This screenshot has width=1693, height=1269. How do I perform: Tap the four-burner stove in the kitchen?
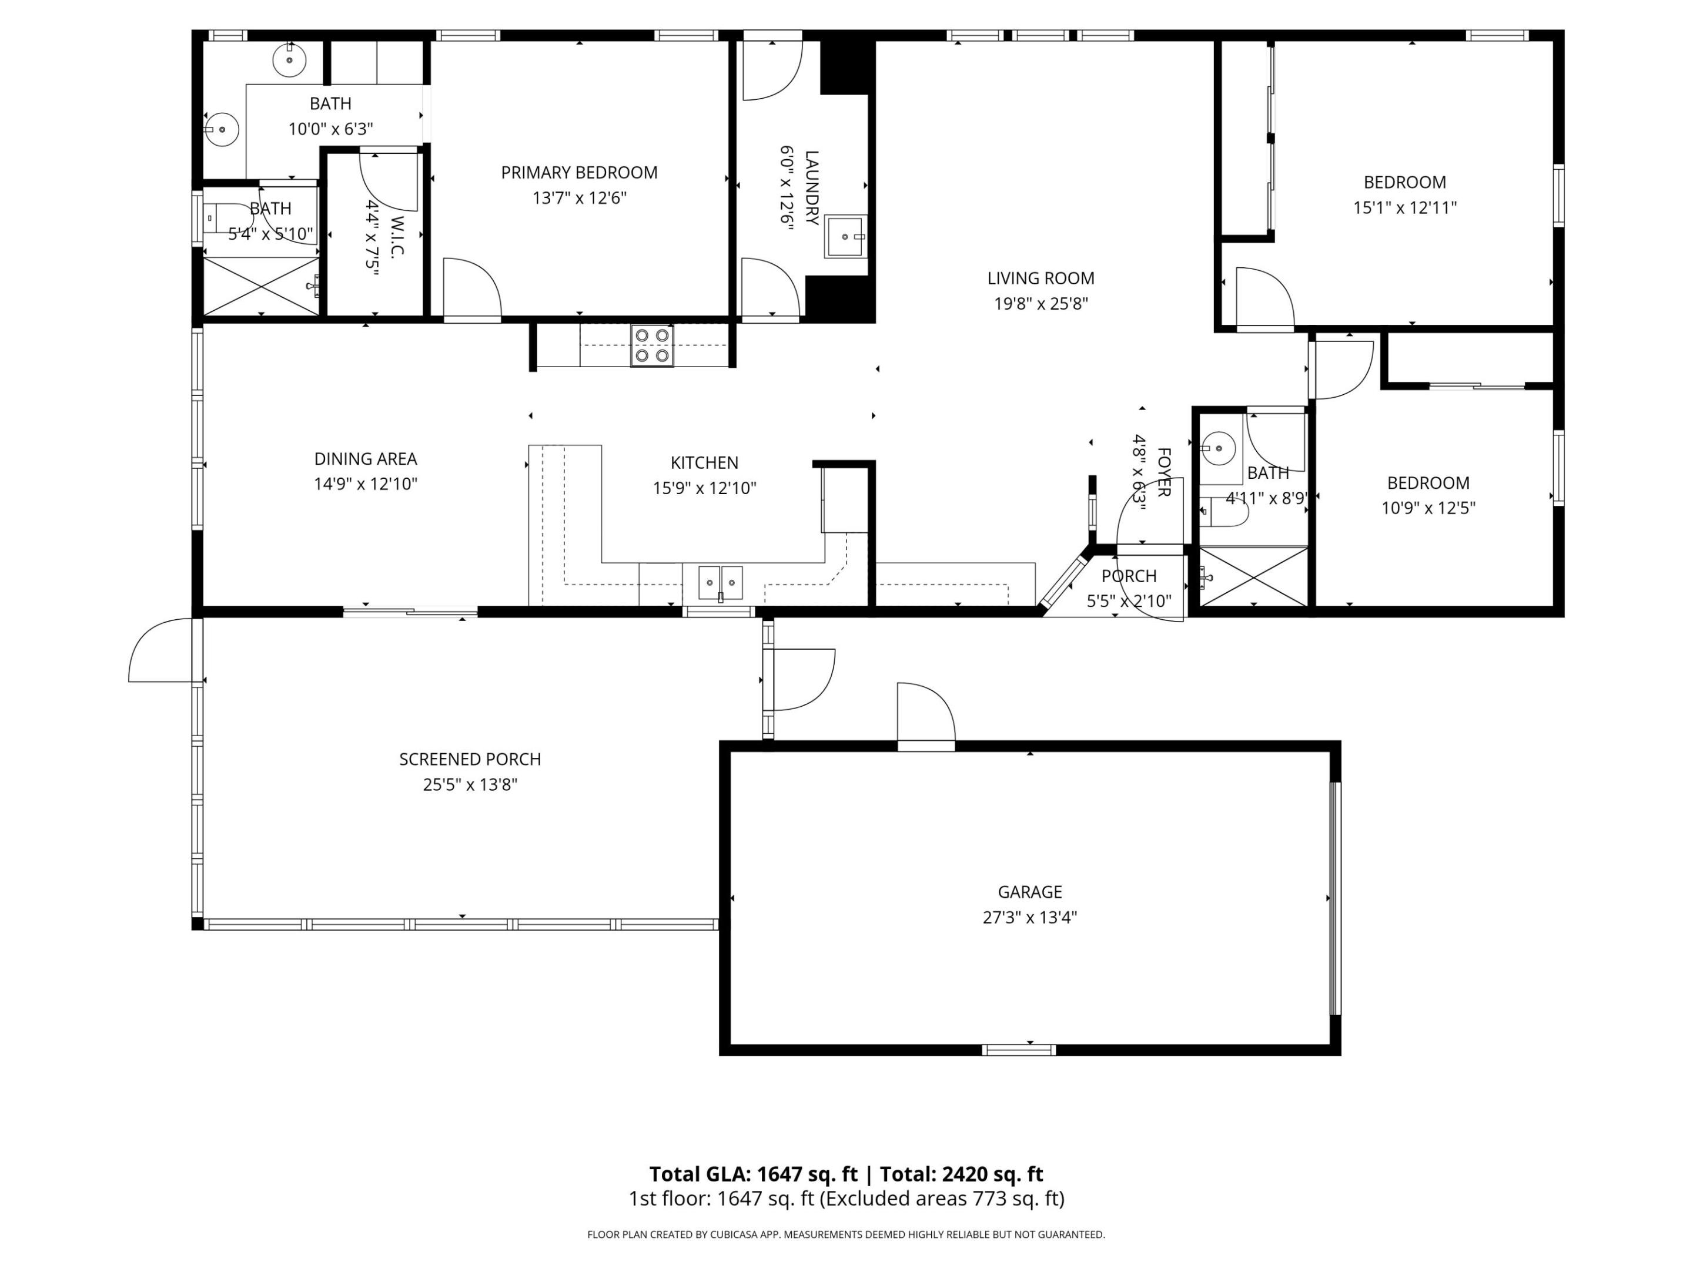pyautogui.click(x=652, y=345)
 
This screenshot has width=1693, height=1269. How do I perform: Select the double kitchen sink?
pyautogui.click(x=720, y=583)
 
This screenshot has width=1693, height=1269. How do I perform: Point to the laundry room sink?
pyautogui.click(x=846, y=236)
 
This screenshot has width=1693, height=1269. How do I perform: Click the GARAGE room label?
pyautogui.click(x=1029, y=892)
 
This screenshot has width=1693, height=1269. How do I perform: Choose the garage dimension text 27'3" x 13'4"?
pyautogui.click(x=1029, y=917)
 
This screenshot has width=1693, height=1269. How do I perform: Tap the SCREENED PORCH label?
pyautogui.click(x=470, y=760)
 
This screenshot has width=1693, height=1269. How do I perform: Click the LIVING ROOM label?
pyautogui.click(x=1040, y=278)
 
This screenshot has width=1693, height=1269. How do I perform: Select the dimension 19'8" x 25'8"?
pyautogui.click(x=1040, y=304)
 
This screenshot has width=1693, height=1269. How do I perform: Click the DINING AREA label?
pyautogui.click(x=365, y=459)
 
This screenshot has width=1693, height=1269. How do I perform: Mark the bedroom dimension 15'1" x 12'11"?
pyautogui.click(x=1404, y=208)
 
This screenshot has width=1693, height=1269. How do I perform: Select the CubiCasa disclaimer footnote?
pyautogui.click(x=846, y=1234)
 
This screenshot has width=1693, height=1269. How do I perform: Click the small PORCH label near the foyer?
pyautogui.click(x=1129, y=576)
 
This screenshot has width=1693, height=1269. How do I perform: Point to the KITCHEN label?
pyautogui.click(x=704, y=463)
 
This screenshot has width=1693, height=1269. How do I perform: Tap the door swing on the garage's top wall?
pyautogui.click(x=925, y=713)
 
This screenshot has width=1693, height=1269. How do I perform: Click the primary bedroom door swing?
pyautogui.click(x=471, y=288)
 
